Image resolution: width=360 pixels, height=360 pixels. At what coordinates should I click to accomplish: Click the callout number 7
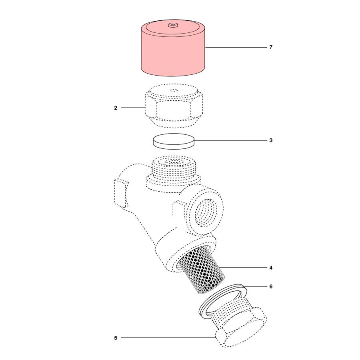point(271,47)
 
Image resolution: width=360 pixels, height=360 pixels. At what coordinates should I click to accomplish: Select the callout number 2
point(116,108)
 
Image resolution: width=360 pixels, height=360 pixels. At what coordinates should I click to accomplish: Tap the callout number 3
point(271,141)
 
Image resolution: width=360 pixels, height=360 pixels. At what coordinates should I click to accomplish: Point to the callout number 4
point(271,267)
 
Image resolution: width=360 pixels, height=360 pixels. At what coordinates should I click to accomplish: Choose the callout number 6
point(271,287)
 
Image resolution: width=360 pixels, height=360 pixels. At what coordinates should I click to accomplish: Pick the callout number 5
point(116,338)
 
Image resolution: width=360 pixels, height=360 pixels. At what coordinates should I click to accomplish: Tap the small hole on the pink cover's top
point(173,26)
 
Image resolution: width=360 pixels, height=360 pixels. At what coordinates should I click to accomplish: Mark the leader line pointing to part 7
point(236,47)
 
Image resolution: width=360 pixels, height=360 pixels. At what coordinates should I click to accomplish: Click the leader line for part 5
point(168,338)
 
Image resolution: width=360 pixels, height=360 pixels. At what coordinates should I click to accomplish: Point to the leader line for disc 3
point(230,141)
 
